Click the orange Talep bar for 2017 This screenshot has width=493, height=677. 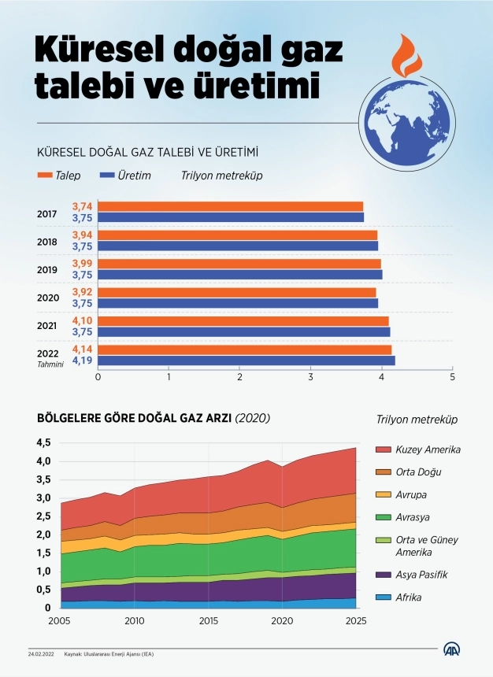(x=230, y=206)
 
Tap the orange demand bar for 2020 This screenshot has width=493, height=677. (x=237, y=292)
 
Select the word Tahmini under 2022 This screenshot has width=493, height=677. (x=49, y=364)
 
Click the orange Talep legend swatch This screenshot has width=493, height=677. (x=44, y=176)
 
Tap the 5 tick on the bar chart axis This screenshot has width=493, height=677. (x=452, y=377)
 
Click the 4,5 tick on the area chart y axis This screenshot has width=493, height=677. (x=44, y=442)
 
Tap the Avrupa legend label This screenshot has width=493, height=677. (x=413, y=494)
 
